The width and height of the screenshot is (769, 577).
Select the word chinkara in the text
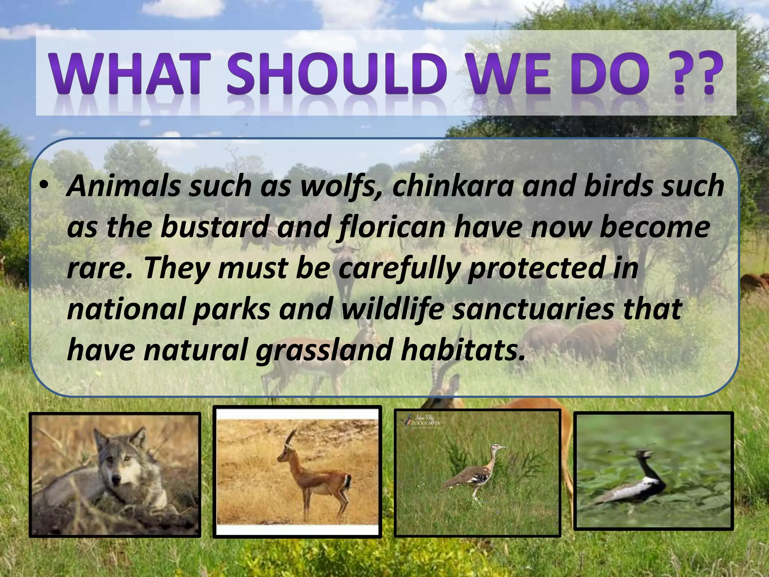point(451,186)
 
